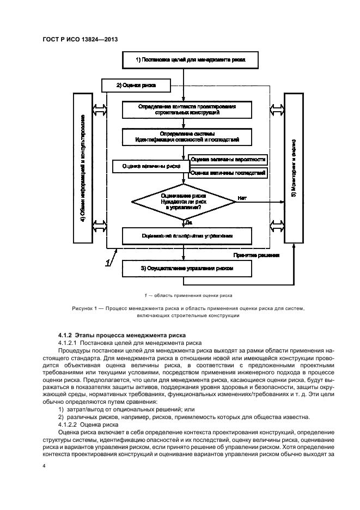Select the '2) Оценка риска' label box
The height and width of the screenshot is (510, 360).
click(x=136, y=86)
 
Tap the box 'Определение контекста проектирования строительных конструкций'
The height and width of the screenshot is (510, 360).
click(x=187, y=110)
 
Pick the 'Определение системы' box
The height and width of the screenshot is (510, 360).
click(x=187, y=137)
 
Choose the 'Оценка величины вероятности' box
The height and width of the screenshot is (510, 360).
click(x=228, y=160)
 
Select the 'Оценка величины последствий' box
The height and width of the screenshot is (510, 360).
click(x=228, y=173)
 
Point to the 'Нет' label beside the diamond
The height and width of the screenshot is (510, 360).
click(x=242, y=198)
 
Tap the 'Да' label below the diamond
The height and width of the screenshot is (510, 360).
click(x=189, y=222)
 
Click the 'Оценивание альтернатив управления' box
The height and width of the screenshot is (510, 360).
click(x=187, y=236)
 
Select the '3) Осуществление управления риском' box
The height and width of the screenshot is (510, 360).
click(x=187, y=268)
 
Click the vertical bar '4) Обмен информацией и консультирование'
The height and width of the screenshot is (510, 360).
click(x=82, y=168)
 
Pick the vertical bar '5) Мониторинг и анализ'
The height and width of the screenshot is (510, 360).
click(x=293, y=168)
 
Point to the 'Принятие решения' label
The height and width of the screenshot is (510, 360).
click(x=257, y=254)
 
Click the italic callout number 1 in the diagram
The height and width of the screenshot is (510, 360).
click(x=109, y=262)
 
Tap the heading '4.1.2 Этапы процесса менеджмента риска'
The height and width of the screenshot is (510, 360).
click(x=122, y=335)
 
